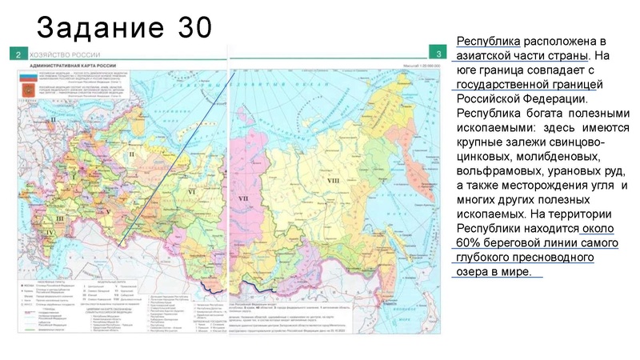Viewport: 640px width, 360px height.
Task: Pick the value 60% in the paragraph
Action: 471,243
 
